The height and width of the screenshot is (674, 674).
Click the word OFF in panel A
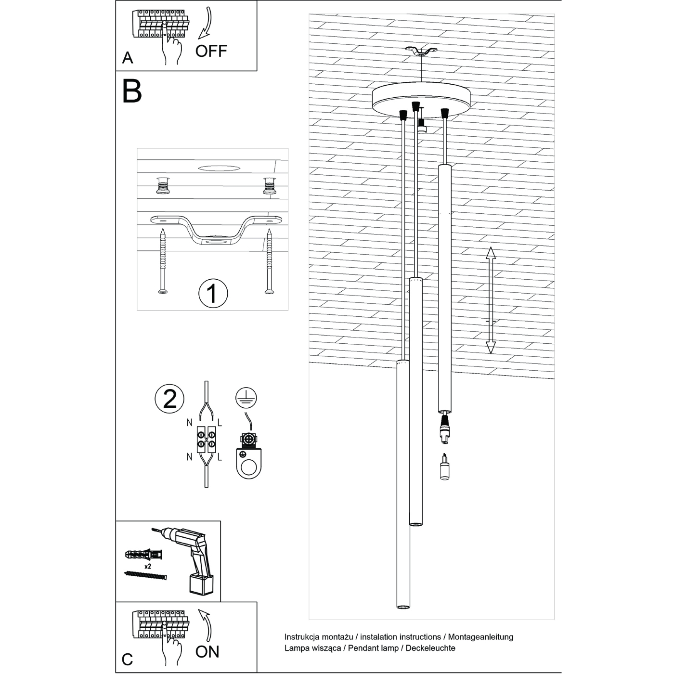coord(211,51)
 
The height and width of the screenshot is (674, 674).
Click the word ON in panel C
coord(207,651)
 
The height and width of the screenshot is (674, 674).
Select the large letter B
coord(132,91)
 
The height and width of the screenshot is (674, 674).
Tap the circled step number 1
coord(213,293)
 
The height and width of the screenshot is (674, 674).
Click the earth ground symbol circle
coord(246,398)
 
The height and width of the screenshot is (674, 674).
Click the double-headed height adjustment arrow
coord(490,300)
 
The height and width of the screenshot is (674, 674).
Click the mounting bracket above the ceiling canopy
coord(421,51)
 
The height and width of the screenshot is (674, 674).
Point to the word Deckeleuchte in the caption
coord(430,648)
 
